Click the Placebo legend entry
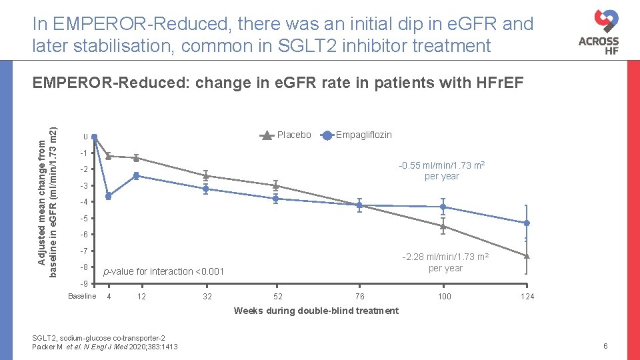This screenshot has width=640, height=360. [285, 135]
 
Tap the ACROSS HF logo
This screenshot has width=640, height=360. [598, 33]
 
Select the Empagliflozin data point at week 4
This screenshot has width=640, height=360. [108, 196]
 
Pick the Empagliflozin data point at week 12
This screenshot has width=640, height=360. [136, 176]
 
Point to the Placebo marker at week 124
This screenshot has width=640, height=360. [527, 255]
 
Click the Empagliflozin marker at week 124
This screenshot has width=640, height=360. [527, 223]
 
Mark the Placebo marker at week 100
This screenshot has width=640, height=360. [443, 227]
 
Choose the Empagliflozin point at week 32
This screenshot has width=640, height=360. [206, 189]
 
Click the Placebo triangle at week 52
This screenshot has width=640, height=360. [275, 185]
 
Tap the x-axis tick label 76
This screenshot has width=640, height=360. [359, 297]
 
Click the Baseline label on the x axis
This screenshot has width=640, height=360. [82, 296]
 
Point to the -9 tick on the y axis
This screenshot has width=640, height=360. [83, 284]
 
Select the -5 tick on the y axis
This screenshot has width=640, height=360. [83, 219]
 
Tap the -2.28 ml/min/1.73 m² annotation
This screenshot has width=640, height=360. [445, 263]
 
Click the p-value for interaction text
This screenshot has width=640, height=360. [164, 271]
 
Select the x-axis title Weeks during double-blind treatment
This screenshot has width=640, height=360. [317, 311]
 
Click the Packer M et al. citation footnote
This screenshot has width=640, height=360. [105, 347]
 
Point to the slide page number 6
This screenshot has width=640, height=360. [605, 346]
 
